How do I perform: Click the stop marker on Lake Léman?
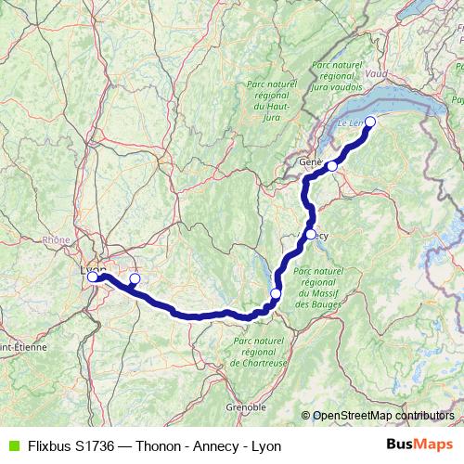pyautogui.click(x=370, y=122)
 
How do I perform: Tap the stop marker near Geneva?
pyautogui.click(x=332, y=166)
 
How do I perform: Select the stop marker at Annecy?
pyautogui.click(x=311, y=234)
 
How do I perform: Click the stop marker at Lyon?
pyautogui.click(x=93, y=277)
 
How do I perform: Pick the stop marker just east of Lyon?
pyautogui.click(x=135, y=278)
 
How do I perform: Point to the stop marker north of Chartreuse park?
pyautogui.click(x=275, y=294)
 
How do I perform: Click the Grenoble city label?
pyautogui.click(x=246, y=406)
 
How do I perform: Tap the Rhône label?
pyautogui.click(x=57, y=239)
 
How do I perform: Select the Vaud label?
pyautogui.click(x=377, y=73)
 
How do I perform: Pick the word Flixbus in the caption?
pyautogui.click(x=48, y=445)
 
